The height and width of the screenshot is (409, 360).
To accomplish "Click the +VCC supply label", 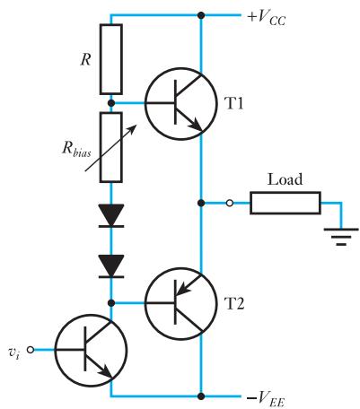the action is click(267, 18).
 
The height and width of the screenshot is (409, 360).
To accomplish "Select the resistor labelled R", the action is click(111, 59).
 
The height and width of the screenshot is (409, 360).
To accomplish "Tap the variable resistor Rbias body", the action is click(111, 147).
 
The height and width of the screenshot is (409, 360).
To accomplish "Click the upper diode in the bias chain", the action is click(111, 215).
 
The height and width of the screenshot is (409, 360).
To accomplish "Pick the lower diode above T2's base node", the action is click(111, 266).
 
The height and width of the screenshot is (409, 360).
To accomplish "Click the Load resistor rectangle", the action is click(285, 204).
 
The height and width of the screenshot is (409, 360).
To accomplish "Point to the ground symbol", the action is click(341, 237).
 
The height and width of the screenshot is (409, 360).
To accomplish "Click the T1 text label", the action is click(234, 104).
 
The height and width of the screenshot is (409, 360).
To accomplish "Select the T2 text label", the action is click(234, 304).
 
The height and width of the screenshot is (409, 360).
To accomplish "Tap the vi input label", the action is click(14, 352).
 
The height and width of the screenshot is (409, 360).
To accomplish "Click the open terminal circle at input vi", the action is click(31, 350).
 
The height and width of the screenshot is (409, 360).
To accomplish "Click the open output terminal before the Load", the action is click(230, 204).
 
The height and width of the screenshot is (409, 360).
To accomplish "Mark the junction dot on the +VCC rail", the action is click(201, 15).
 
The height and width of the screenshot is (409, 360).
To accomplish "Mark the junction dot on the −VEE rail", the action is click(201, 396).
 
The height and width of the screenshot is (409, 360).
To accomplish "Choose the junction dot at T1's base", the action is click(111, 103).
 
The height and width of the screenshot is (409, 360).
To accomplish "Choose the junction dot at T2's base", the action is click(111, 303).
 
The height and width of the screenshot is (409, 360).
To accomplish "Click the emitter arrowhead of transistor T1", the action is click(197, 126).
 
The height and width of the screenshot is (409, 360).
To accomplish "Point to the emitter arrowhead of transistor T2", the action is click(181, 289).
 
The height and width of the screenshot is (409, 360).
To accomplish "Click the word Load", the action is click(285, 179).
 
